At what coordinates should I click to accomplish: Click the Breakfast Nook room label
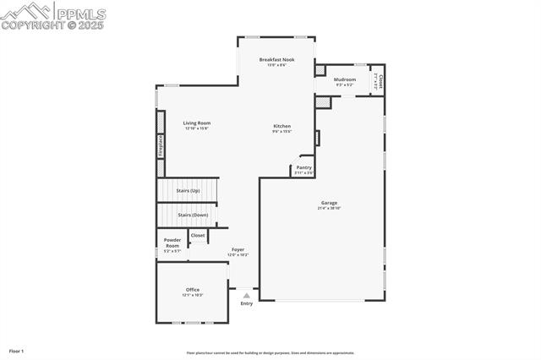pyautogui.click(x=276, y=60)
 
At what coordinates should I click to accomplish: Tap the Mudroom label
pyautogui.click(x=345, y=79)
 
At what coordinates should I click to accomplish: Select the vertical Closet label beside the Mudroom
pyautogui.click(x=380, y=81)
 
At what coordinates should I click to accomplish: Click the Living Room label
pyautogui.click(x=197, y=123)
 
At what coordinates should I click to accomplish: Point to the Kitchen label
pyautogui.click(x=281, y=126)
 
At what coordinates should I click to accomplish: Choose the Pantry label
pyautogui.click(x=303, y=167)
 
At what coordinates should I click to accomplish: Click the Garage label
pyautogui.click(x=329, y=203)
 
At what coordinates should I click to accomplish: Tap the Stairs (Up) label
pyautogui.click(x=188, y=191)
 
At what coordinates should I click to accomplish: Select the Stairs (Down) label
pyautogui.click(x=193, y=215)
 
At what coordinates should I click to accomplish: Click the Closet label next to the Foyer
pyautogui.click(x=198, y=236)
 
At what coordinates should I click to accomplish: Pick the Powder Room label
pyautogui.click(x=172, y=243)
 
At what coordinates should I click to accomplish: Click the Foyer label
pyautogui.click(x=238, y=249)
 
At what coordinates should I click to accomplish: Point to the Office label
pyautogui.click(x=193, y=290)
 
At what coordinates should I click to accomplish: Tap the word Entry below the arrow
pyautogui.click(x=246, y=303)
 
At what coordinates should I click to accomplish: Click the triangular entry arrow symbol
pyautogui.click(x=246, y=296)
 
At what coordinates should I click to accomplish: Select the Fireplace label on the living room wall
pyautogui.click(x=160, y=145)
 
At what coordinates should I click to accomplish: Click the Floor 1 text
pyautogui.click(x=17, y=350)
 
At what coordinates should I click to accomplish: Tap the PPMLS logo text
pyautogui.click(x=81, y=14)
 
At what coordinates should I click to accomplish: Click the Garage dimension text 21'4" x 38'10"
pyautogui.click(x=329, y=209)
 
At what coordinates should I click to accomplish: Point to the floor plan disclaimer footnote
pyautogui.click(x=270, y=353)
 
